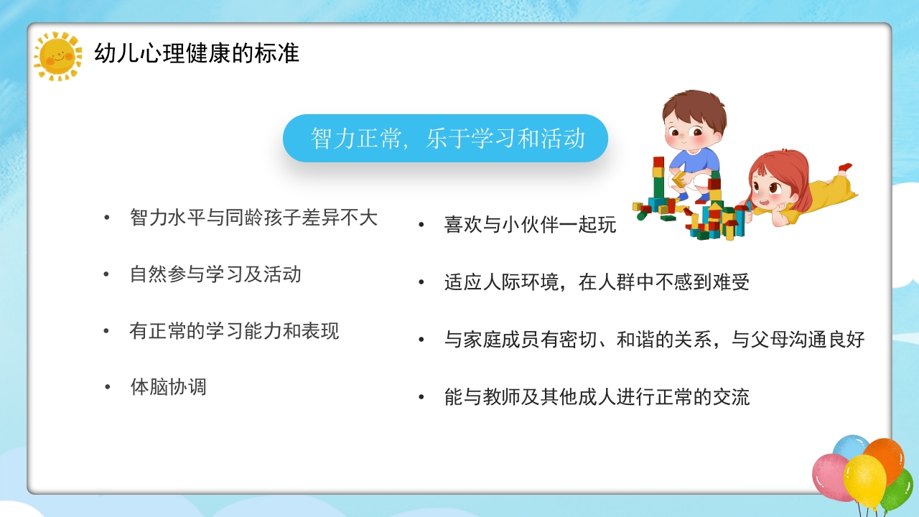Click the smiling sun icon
[x=58, y=55]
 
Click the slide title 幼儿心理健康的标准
[x=197, y=53]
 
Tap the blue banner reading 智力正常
[x=445, y=138]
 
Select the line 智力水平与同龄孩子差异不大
[x=253, y=218]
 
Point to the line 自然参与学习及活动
[x=215, y=274]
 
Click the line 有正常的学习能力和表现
[x=234, y=331]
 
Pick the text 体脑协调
[x=168, y=387]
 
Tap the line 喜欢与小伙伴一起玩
[x=530, y=225]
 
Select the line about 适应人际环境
[x=597, y=282]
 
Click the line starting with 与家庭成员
[x=654, y=340]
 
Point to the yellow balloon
[x=864, y=480]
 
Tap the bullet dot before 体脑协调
[x=108, y=387]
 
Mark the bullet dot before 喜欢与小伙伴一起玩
[x=422, y=225]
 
